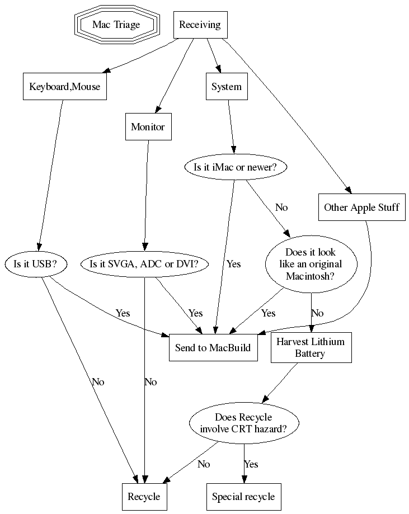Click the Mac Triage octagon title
(x=116, y=25)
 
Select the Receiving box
(x=200, y=25)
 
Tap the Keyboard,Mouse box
(x=65, y=87)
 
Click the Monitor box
(x=148, y=127)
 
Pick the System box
(x=227, y=87)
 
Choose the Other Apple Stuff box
(x=361, y=208)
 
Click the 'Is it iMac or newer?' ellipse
(x=239, y=167)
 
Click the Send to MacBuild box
(x=213, y=348)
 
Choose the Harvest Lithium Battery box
(x=311, y=348)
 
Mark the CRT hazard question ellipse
(x=243, y=423)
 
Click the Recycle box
(x=144, y=497)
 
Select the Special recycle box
(x=243, y=497)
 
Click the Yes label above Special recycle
(x=251, y=464)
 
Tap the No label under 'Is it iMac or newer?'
(x=281, y=208)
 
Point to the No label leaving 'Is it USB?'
(x=98, y=382)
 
